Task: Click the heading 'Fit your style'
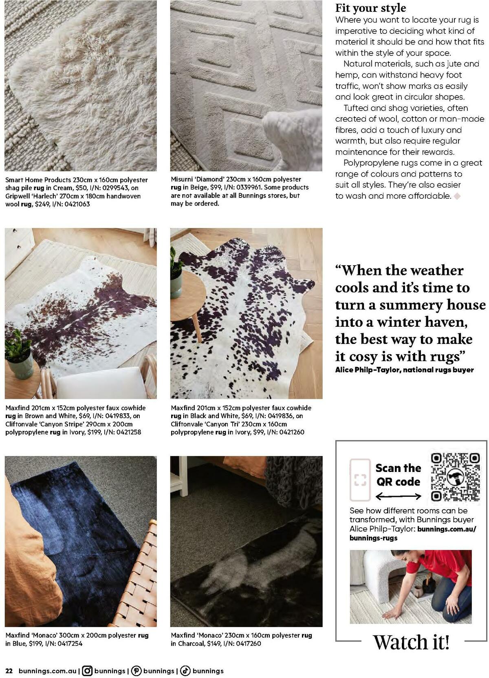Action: (370, 8)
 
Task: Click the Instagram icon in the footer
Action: (87, 670)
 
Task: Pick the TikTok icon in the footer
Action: (185, 670)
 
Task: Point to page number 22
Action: (9, 671)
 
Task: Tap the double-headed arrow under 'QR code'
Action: (398, 496)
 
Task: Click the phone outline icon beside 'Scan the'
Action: (360, 480)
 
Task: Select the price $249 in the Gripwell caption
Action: (42, 204)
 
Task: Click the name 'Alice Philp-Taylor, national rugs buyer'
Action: (404, 370)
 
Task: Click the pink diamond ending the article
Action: (457, 196)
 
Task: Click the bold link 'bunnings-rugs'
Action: (373, 538)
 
